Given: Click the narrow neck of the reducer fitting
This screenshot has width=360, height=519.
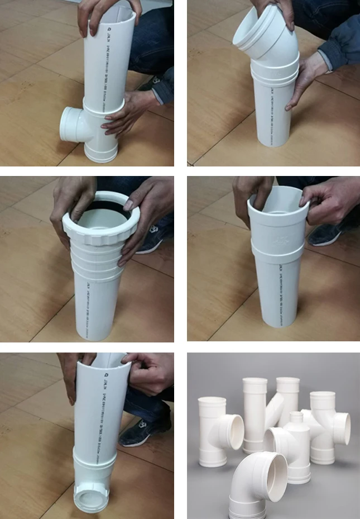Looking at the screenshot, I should click(x=296, y=418).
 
